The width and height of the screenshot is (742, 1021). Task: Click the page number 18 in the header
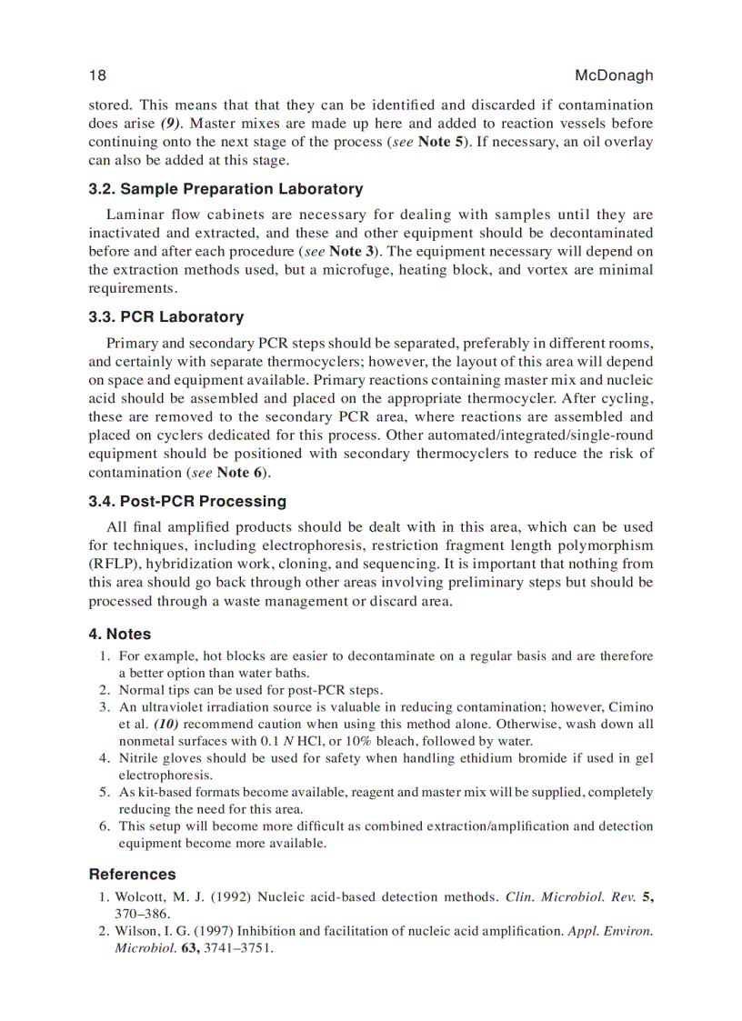tap(98, 75)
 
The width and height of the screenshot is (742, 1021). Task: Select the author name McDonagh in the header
tap(614, 75)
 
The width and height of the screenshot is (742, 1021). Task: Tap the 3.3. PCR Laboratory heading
tap(165, 317)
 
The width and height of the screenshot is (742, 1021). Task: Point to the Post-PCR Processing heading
tap(186, 501)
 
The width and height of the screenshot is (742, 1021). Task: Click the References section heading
tap(132, 874)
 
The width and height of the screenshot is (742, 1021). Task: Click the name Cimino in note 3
tap(630, 706)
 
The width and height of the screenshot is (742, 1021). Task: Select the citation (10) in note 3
tap(165, 724)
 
